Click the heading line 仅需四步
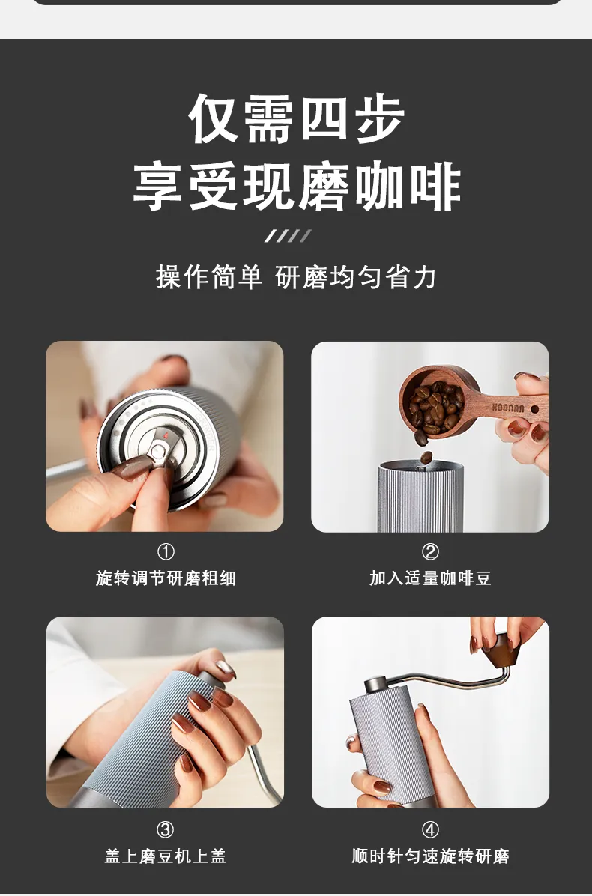coord(296,118)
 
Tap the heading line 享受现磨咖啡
coord(296,187)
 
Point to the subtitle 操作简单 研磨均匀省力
coord(296,278)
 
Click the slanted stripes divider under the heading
coord(288,236)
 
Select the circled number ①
coord(166,552)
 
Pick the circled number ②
coord(430,552)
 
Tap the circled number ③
coord(165,830)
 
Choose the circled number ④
coord(430,830)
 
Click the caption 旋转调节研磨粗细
coord(166,578)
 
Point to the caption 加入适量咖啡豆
coord(430,578)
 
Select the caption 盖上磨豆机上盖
coord(165,856)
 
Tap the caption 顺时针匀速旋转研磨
coord(430,856)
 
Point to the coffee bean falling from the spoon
coord(426,457)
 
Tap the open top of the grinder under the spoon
coord(420,466)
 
